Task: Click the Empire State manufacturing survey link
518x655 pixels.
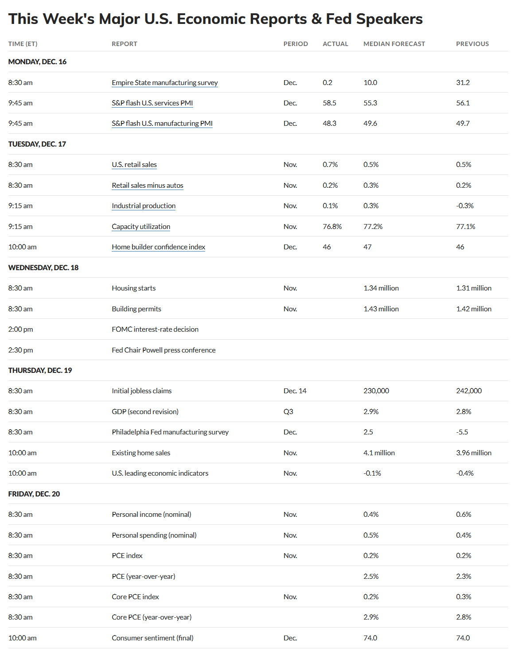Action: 164,83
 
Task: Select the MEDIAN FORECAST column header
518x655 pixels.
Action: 394,44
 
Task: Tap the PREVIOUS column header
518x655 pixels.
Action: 472,44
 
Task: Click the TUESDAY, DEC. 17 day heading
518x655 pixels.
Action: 37,144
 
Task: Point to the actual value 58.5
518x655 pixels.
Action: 329,103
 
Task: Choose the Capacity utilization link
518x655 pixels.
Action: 141,227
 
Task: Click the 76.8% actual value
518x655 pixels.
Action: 332,227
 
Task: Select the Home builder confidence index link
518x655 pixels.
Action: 158,247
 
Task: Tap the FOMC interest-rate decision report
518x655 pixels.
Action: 155,329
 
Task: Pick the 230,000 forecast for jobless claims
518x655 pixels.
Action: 376,391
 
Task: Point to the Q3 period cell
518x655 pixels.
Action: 288,412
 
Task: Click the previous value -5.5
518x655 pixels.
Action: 462,432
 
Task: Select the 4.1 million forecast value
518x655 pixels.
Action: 379,453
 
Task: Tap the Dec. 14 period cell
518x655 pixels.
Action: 295,391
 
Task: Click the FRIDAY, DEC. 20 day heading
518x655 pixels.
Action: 34,494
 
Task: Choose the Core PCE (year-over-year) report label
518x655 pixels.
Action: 152,617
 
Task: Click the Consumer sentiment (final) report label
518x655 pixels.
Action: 152,638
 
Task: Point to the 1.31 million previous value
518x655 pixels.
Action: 474,288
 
